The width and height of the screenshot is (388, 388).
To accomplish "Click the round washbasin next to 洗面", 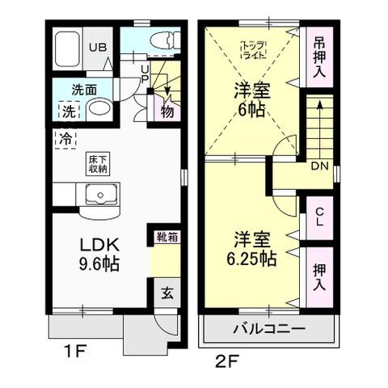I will pos(99,108).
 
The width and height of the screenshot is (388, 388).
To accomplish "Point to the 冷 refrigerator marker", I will pos(64,138).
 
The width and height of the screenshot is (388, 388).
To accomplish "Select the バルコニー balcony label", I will pos(269,329).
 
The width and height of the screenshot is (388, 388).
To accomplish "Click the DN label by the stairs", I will pos(318,167).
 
